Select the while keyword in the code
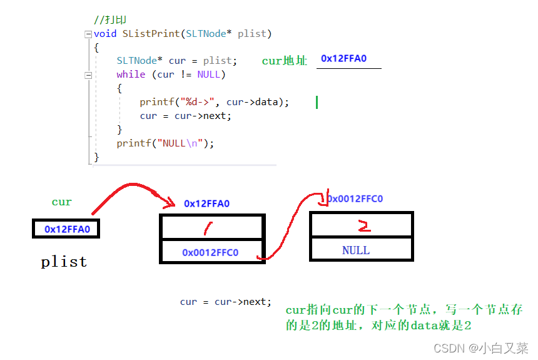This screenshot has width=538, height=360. click(x=130, y=74)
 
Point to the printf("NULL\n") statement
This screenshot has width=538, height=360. click(x=165, y=143)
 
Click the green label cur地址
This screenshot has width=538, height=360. click(x=285, y=61)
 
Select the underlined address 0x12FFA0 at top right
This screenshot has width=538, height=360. click(x=343, y=59)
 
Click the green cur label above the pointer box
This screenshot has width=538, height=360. click(x=62, y=202)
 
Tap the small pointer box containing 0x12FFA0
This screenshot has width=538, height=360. click(x=66, y=229)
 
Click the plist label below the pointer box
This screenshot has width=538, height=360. click(x=64, y=262)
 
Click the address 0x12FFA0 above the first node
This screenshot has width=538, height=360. click(x=206, y=203)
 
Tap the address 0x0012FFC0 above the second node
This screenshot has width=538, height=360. click(x=355, y=199)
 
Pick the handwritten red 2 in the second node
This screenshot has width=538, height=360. click(x=363, y=225)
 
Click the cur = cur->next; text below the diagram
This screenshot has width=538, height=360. click(x=226, y=302)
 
